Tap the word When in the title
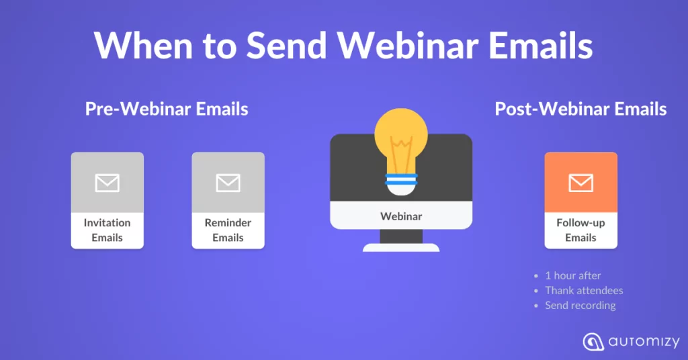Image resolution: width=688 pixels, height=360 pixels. tap(143, 45)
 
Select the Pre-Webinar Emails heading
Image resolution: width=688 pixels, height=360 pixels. tap(167, 109)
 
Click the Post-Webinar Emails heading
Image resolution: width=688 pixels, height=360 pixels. tap(580, 109)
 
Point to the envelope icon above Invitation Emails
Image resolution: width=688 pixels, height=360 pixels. tap(107, 183)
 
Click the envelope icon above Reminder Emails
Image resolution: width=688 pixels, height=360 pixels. tap(228, 183)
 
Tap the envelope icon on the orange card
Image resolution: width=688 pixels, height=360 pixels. tap(581, 183)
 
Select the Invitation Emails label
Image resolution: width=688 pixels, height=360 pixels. tap(107, 230)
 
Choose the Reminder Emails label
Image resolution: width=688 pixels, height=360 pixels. tap(228, 230)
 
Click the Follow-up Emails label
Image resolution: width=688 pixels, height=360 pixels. tap(581, 230)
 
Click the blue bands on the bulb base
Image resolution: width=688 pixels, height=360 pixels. tap(401, 179)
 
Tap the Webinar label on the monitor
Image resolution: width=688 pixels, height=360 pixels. tap(401, 216)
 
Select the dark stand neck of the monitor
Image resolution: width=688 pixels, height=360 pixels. tap(401, 236)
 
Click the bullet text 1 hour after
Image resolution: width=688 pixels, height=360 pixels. tap(573, 275)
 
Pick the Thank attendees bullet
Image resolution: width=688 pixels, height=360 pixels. tap(584, 290)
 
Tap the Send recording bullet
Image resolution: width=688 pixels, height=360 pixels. tap(580, 305)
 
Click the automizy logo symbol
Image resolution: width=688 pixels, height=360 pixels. tap(593, 342)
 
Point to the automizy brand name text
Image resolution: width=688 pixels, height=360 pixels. tap(644, 342)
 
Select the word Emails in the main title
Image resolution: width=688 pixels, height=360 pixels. tap(541, 45)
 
